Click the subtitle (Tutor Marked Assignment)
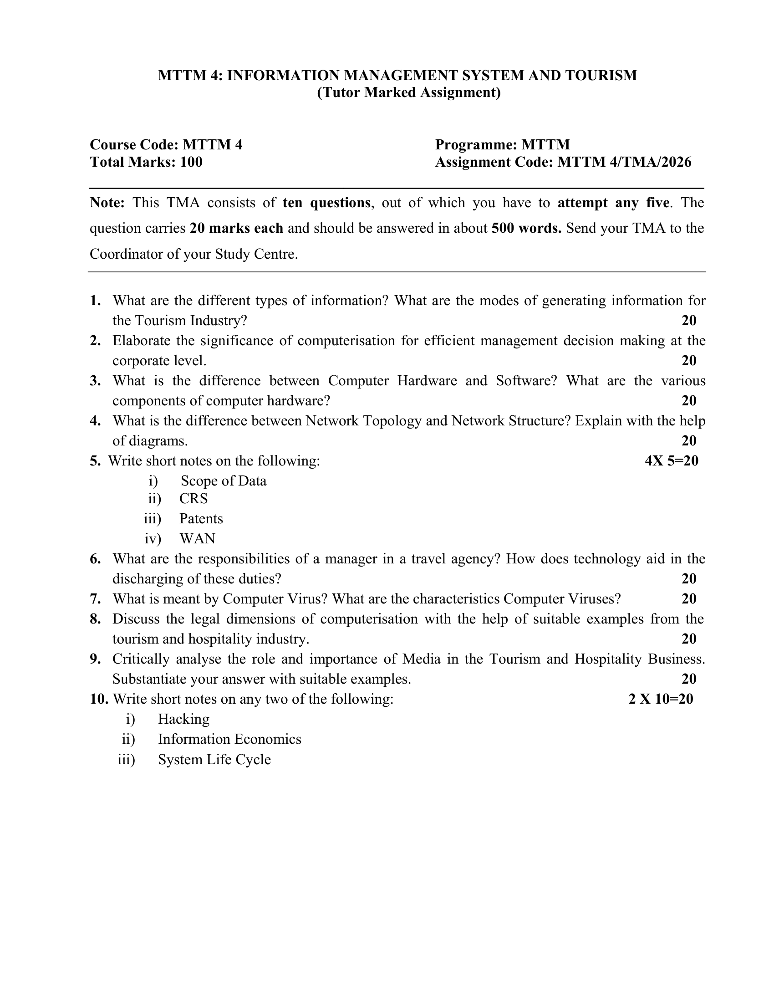click(408, 92)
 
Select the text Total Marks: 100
click(146, 163)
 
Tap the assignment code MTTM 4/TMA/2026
click(624, 163)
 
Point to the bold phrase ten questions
click(326, 203)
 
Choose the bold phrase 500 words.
click(526, 229)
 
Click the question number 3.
click(95, 381)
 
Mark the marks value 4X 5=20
click(671, 461)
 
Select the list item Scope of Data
click(223, 481)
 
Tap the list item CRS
click(193, 499)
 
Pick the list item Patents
click(201, 519)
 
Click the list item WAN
click(197, 539)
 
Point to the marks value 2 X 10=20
click(661, 700)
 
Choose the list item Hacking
click(183, 719)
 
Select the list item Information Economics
click(229, 740)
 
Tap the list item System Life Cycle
click(214, 760)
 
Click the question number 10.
click(99, 700)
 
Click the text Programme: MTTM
click(502, 145)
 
